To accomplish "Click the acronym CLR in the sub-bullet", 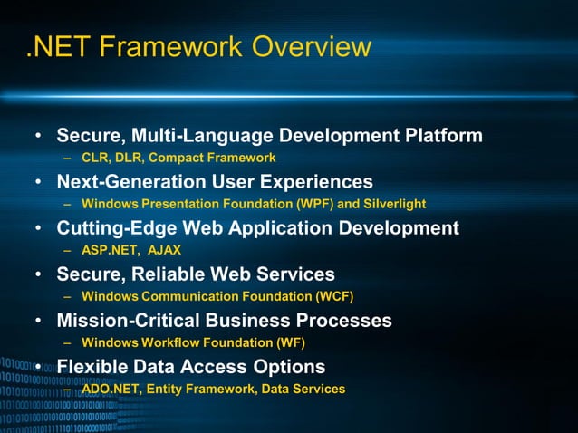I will [x=95, y=158].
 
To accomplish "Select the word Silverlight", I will [x=391, y=204].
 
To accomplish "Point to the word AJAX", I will [x=165, y=250].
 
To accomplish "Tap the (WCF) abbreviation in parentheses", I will [x=332, y=296].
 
